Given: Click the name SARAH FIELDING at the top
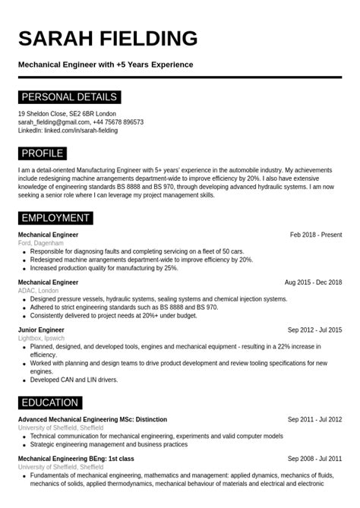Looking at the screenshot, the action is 108,39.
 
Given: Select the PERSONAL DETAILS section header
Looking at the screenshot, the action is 69,97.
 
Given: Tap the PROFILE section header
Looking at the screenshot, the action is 43,153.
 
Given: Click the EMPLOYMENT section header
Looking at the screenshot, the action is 55,219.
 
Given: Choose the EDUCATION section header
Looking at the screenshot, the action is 50,402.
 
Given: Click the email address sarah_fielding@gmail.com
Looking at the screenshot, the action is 54,121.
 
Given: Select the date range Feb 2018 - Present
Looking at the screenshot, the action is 316,235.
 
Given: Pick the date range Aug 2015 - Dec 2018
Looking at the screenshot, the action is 313,282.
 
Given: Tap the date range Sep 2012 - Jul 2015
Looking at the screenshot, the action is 314,330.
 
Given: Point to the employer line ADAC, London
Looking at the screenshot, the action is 38,291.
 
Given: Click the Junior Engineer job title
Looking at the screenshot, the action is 41,330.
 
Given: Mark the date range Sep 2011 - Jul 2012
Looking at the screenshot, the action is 314,419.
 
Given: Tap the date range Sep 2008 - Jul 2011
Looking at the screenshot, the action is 314,459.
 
